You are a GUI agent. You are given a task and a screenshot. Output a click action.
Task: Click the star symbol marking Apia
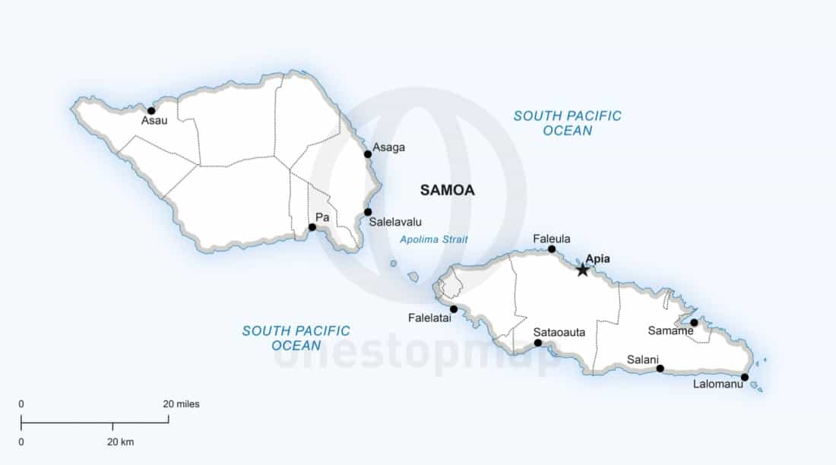point(583,270)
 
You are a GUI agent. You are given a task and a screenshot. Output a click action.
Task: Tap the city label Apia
point(598,258)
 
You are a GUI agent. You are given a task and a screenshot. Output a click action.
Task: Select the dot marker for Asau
point(151,111)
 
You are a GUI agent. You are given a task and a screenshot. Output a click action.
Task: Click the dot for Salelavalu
point(368,212)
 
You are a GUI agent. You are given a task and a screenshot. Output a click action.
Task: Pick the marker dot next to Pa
point(312,227)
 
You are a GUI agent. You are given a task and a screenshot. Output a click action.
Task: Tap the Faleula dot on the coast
point(552,249)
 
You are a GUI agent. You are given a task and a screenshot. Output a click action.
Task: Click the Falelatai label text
point(430,318)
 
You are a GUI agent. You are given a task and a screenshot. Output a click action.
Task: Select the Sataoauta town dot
point(538,343)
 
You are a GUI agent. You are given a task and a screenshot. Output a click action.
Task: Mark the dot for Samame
point(694,323)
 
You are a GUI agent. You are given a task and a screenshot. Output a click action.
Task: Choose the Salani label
point(643,359)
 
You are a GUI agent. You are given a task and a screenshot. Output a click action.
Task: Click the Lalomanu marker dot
point(745,377)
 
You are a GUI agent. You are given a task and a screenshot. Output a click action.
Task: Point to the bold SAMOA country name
point(448,191)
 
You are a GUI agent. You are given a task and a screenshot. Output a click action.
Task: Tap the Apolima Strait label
point(434,239)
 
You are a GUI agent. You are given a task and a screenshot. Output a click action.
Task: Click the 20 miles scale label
point(182,404)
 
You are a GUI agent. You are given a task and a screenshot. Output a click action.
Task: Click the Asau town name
point(154,121)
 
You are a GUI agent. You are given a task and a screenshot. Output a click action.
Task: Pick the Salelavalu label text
point(395,223)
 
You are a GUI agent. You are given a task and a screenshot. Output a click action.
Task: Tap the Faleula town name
point(552,239)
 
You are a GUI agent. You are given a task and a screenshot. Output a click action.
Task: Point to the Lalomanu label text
point(718,384)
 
